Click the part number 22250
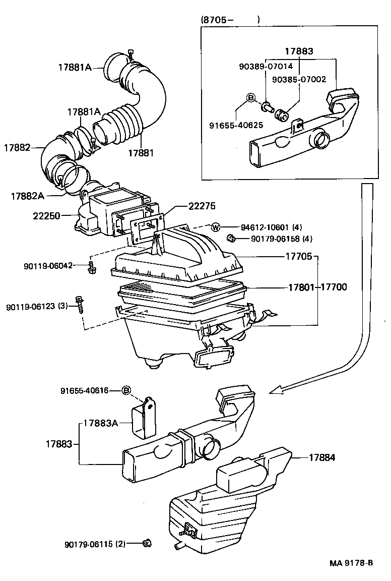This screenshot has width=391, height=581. (x=47, y=216)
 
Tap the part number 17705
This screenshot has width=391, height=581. (x=301, y=256)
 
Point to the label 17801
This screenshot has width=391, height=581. (x=302, y=287)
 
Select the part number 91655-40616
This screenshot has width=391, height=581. (x=85, y=390)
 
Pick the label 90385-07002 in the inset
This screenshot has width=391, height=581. (x=299, y=79)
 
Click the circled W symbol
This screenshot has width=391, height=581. (x=215, y=227)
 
